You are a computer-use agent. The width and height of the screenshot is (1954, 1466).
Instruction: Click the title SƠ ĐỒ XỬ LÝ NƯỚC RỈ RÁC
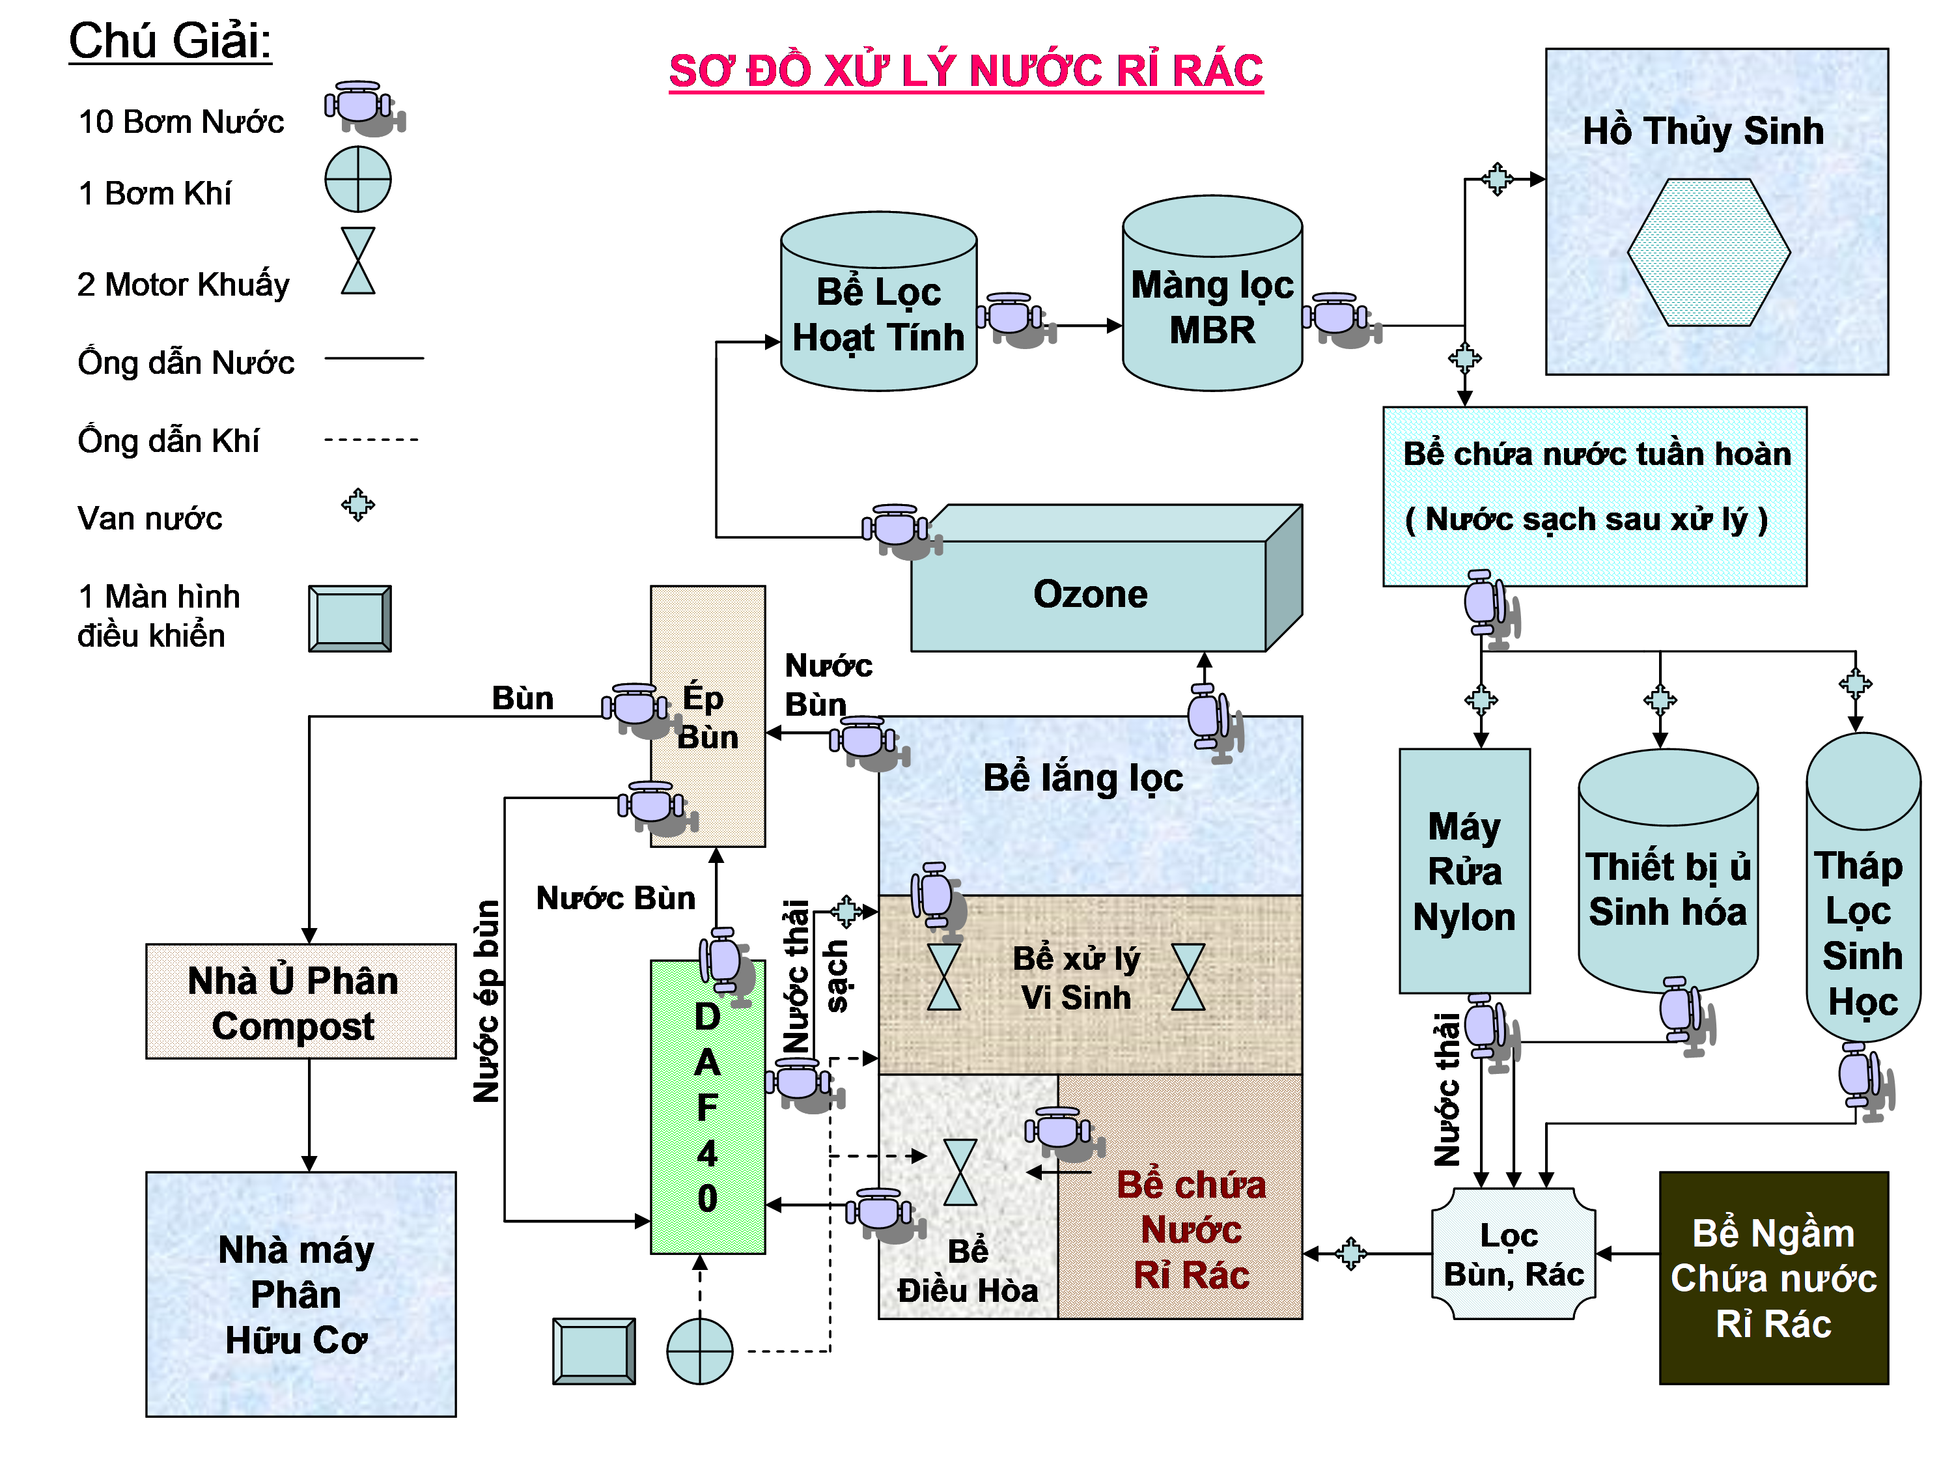click(966, 71)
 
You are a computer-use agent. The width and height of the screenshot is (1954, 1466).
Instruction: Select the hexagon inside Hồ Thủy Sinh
click(1709, 253)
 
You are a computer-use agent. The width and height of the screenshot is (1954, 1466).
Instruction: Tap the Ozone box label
click(1090, 595)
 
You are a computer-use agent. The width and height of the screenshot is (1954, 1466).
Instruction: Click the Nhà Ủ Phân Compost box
click(300, 1001)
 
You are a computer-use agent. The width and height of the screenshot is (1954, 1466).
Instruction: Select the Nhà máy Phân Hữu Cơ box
click(300, 1295)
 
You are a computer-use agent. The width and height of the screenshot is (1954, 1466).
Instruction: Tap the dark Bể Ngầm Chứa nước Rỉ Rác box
click(1773, 1278)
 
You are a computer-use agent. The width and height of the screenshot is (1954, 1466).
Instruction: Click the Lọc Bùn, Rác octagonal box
click(1513, 1254)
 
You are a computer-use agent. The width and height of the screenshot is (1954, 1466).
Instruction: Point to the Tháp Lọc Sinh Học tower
click(1862, 910)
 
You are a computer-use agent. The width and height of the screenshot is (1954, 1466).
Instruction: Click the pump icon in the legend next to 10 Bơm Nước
click(362, 108)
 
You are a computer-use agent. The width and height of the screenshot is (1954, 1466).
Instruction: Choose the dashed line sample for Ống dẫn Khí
click(371, 439)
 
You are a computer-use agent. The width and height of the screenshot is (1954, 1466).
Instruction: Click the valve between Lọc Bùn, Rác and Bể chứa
click(1350, 1253)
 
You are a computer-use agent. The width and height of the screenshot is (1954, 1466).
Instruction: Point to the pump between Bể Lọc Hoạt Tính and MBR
click(1014, 318)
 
